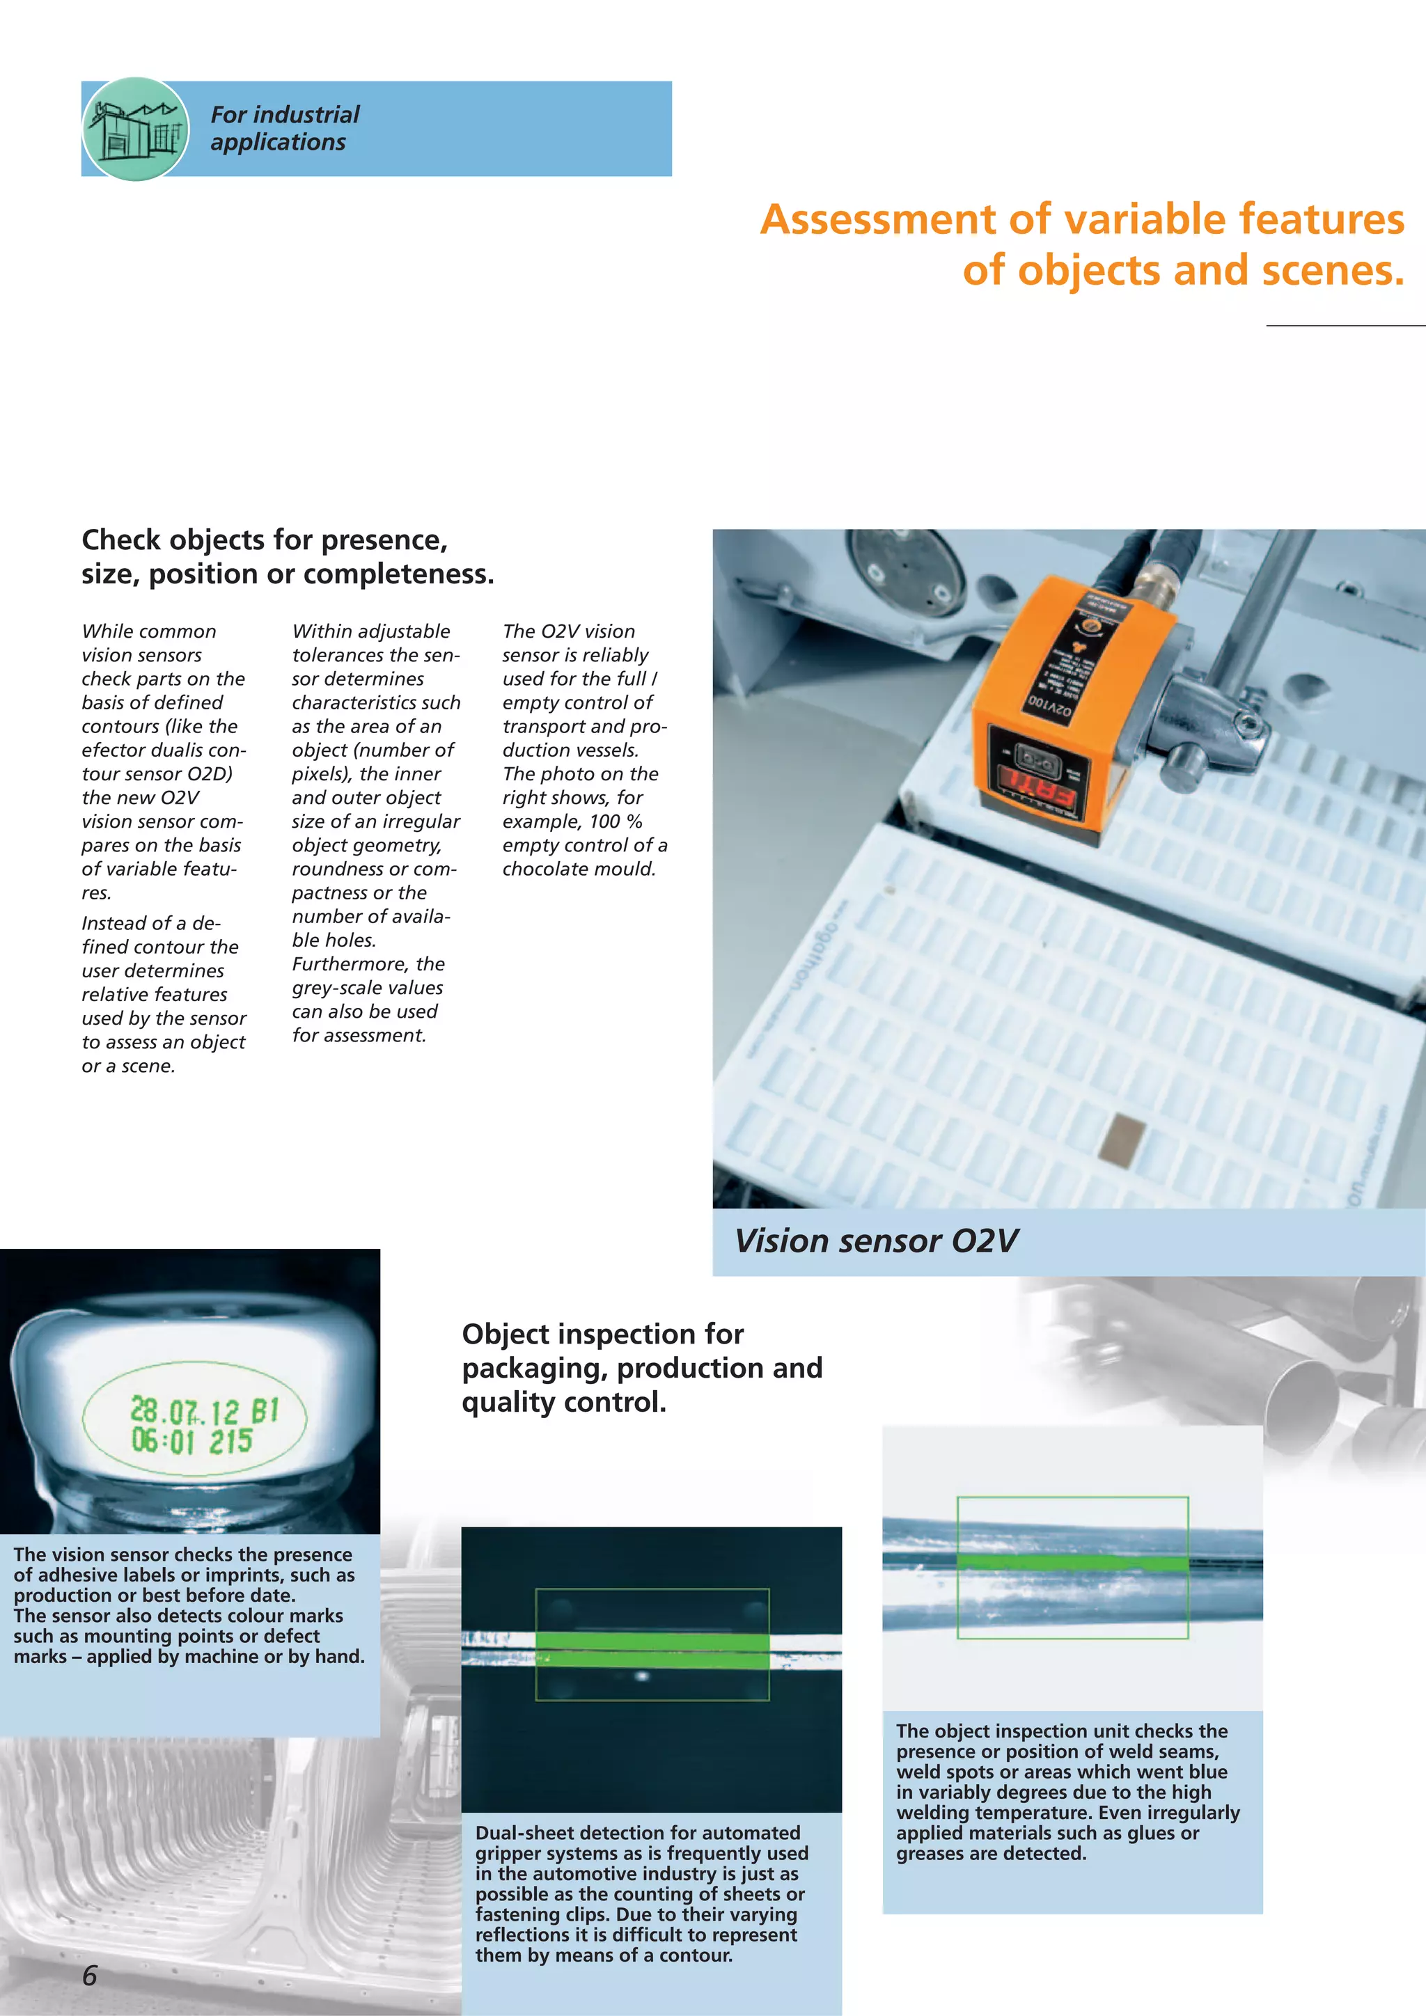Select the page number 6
90,1975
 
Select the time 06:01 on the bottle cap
162,1441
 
